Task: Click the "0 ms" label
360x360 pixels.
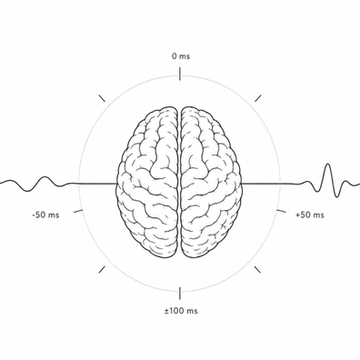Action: (181, 56)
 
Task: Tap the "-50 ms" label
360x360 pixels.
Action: (45, 215)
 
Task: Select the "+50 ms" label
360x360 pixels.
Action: (310, 215)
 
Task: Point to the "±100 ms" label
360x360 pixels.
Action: (181, 311)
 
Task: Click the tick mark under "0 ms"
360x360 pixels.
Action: (180, 75)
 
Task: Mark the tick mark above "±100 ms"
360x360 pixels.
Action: (180, 293)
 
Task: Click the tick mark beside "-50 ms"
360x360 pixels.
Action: (78, 211)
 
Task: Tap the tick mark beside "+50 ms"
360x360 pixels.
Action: (282, 211)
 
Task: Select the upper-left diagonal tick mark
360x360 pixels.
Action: (102, 98)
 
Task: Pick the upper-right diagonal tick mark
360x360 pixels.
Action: (258, 98)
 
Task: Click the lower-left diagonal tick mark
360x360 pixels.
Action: (102, 269)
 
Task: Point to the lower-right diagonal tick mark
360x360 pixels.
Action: (258, 269)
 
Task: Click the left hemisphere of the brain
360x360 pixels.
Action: (147, 183)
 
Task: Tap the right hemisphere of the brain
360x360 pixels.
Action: (212, 183)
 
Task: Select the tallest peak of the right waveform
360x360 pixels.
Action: (328, 165)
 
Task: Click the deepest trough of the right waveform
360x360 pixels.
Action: (336, 196)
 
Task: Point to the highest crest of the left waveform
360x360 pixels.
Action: (45, 177)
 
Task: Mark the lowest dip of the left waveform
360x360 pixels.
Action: (27, 191)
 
